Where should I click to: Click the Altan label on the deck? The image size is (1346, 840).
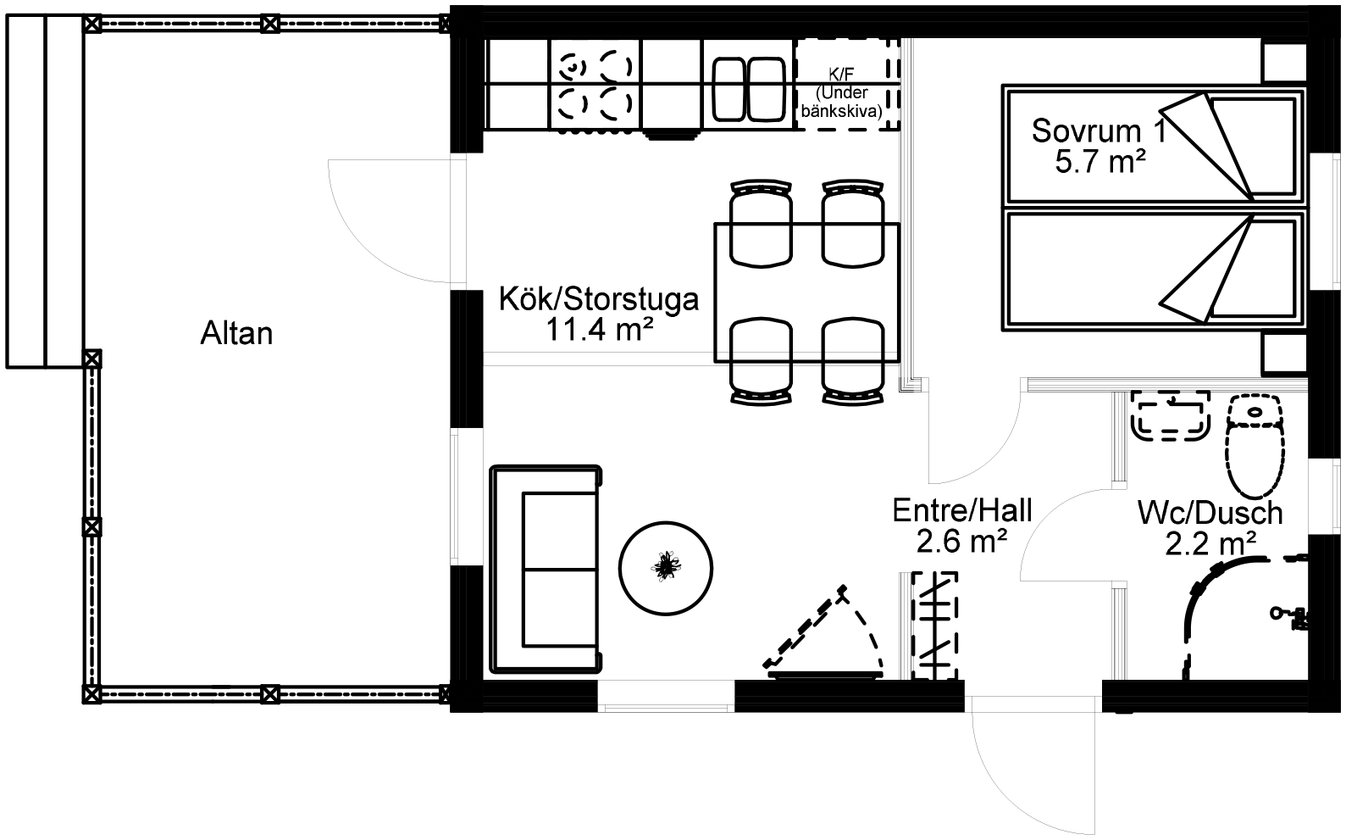coord(236,333)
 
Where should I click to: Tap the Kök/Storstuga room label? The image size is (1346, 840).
coord(599,299)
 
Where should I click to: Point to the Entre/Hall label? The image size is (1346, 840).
coord(962,510)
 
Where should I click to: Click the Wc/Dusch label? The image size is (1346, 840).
coord(1210,513)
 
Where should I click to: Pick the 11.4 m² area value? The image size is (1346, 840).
coord(599,330)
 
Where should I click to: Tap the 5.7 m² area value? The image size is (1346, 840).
coord(1100,161)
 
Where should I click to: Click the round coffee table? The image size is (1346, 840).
coord(666,568)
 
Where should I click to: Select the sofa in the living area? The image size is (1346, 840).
coord(546,568)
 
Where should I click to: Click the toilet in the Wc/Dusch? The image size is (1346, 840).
coord(1255,445)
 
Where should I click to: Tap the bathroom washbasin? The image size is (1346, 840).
coord(1171,415)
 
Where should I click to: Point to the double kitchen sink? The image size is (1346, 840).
coord(749,90)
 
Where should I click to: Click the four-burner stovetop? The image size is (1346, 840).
coord(595,85)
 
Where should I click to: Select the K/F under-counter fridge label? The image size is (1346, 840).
coord(841,92)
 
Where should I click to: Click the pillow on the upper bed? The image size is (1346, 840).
coord(1254,147)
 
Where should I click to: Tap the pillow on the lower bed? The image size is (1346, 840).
coord(1254,269)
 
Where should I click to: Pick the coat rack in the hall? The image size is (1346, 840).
coord(934,626)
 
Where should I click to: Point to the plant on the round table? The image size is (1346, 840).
coord(666,566)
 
